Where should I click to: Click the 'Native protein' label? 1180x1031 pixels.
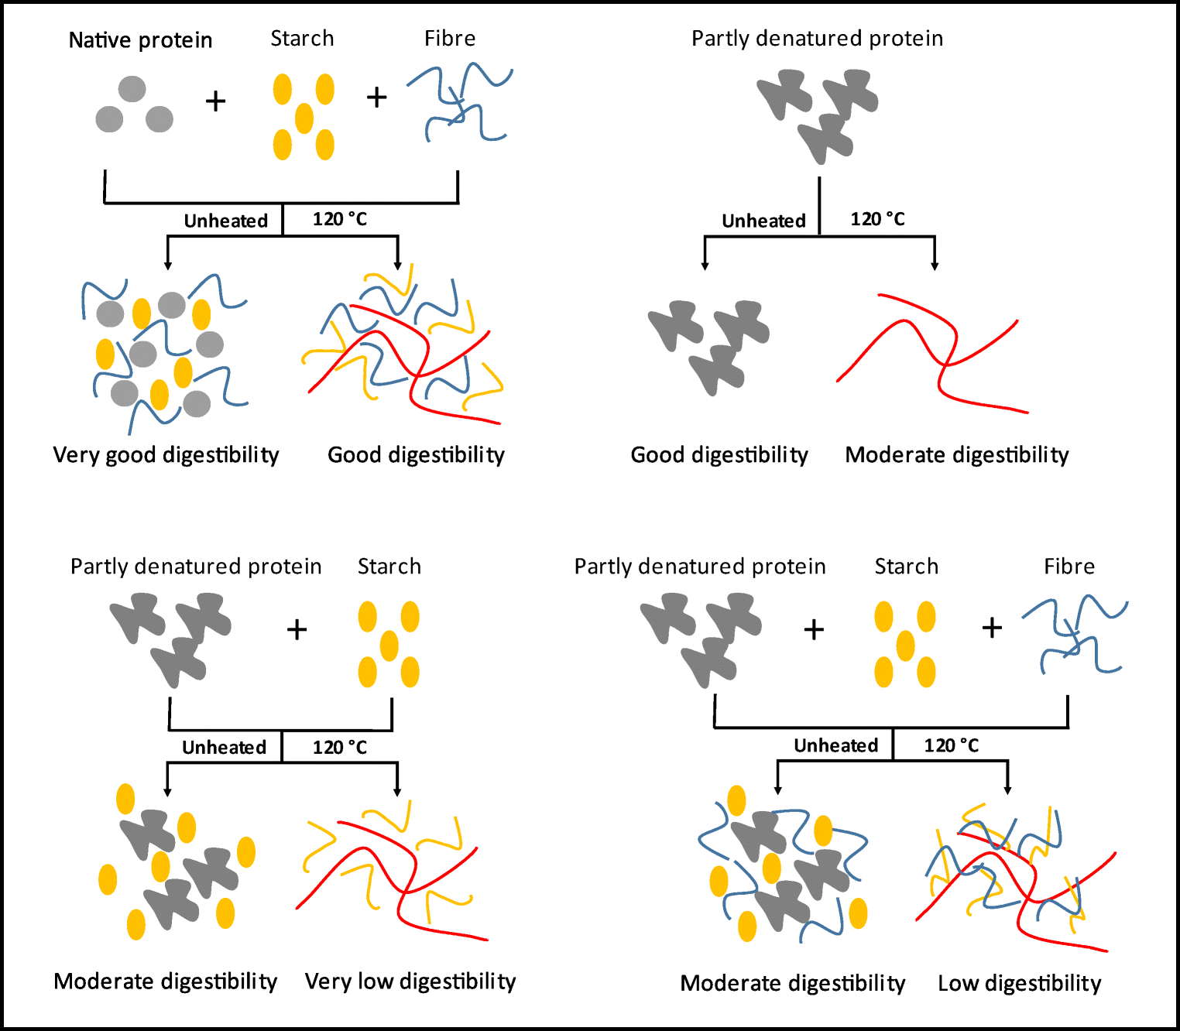click(x=140, y=40)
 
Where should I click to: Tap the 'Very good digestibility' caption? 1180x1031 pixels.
click(x=166, y=455)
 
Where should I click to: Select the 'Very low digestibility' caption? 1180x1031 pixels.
click(x=410, y=981)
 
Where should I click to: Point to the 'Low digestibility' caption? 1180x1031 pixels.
click(x=1019, y=983)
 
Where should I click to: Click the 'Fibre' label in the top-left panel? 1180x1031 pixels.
click(x=450, y=38)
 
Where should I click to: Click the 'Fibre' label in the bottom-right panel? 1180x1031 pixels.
click(x=1069, y=567)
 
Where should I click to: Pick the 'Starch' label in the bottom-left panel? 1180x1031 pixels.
click(x=389, y=567)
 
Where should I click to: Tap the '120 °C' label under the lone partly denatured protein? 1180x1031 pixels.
click(x=877, y=219)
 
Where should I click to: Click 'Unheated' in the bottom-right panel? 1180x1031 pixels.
click(x=835, y=745)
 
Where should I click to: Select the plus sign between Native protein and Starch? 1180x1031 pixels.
click(x=215, y=101)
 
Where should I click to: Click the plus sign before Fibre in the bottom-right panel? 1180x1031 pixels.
click(x=992, y=628)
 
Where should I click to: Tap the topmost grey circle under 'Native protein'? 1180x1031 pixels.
click(x=132, y=89)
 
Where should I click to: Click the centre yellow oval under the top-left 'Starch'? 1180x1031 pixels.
click(x=304, y=118)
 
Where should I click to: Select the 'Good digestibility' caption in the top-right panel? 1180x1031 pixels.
click(x=719, y=455)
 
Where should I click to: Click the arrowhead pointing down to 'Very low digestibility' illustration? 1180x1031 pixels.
click(x=397, y=791)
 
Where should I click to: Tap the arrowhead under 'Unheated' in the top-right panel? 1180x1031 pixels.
click(x=705, y=265)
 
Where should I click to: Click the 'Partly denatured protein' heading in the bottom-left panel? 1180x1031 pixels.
click(x=196, y=567)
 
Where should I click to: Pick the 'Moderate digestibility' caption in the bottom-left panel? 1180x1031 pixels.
click(x=166, y=981)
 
